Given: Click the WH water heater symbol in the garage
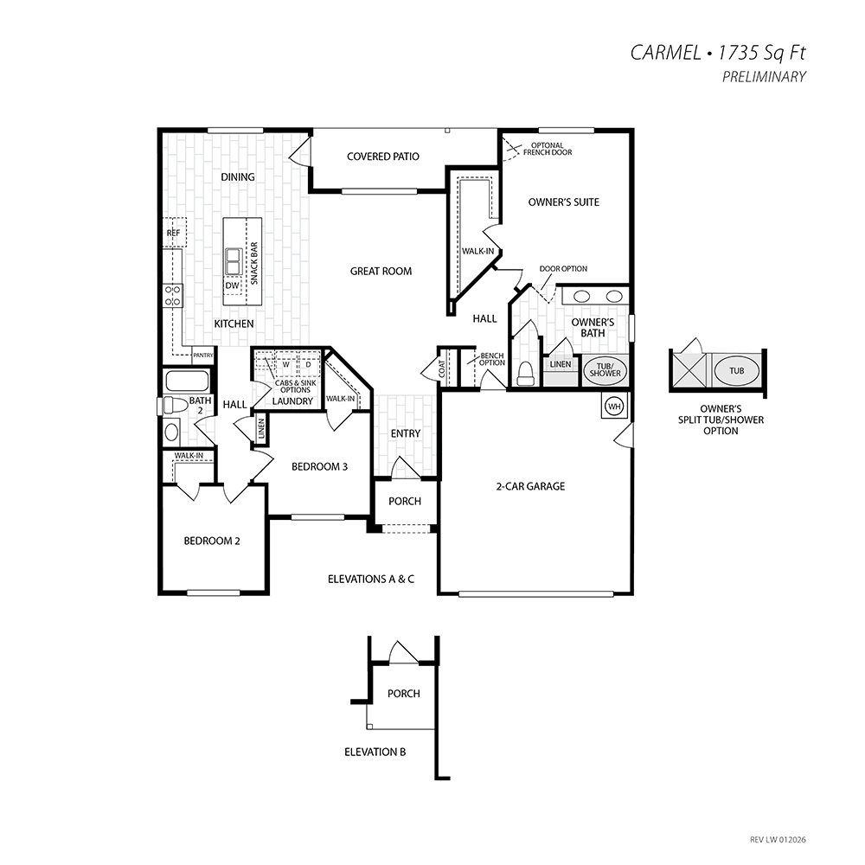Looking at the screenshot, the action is [614, 407].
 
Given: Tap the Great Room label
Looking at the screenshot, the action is [381, 272].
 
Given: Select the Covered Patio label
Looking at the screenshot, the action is [383, 157].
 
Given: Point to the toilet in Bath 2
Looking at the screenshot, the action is [173, 406].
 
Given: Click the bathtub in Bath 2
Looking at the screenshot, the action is [188, 381].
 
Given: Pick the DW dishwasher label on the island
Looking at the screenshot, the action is [232, 285].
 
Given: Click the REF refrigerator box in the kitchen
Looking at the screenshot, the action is [175, 233].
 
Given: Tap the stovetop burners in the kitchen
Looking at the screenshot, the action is [173, 296].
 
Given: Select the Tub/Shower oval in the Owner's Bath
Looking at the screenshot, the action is [605, 369].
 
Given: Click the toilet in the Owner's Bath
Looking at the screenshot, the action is [525, 373].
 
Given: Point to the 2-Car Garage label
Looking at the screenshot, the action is [531, 486].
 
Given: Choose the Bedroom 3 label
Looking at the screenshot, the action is [319, 467].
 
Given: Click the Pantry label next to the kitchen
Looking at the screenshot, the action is [203, 356].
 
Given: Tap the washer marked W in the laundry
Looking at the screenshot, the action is [285, 365].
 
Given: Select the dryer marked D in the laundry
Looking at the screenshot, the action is [309, 365].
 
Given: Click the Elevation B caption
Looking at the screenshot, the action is [375, 752].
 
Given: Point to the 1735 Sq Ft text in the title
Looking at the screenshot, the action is [762, 53].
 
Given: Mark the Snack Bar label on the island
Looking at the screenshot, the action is [254, 264].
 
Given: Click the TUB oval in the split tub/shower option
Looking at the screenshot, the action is [736, 371].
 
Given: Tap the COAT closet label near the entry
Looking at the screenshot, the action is [442, 369].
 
